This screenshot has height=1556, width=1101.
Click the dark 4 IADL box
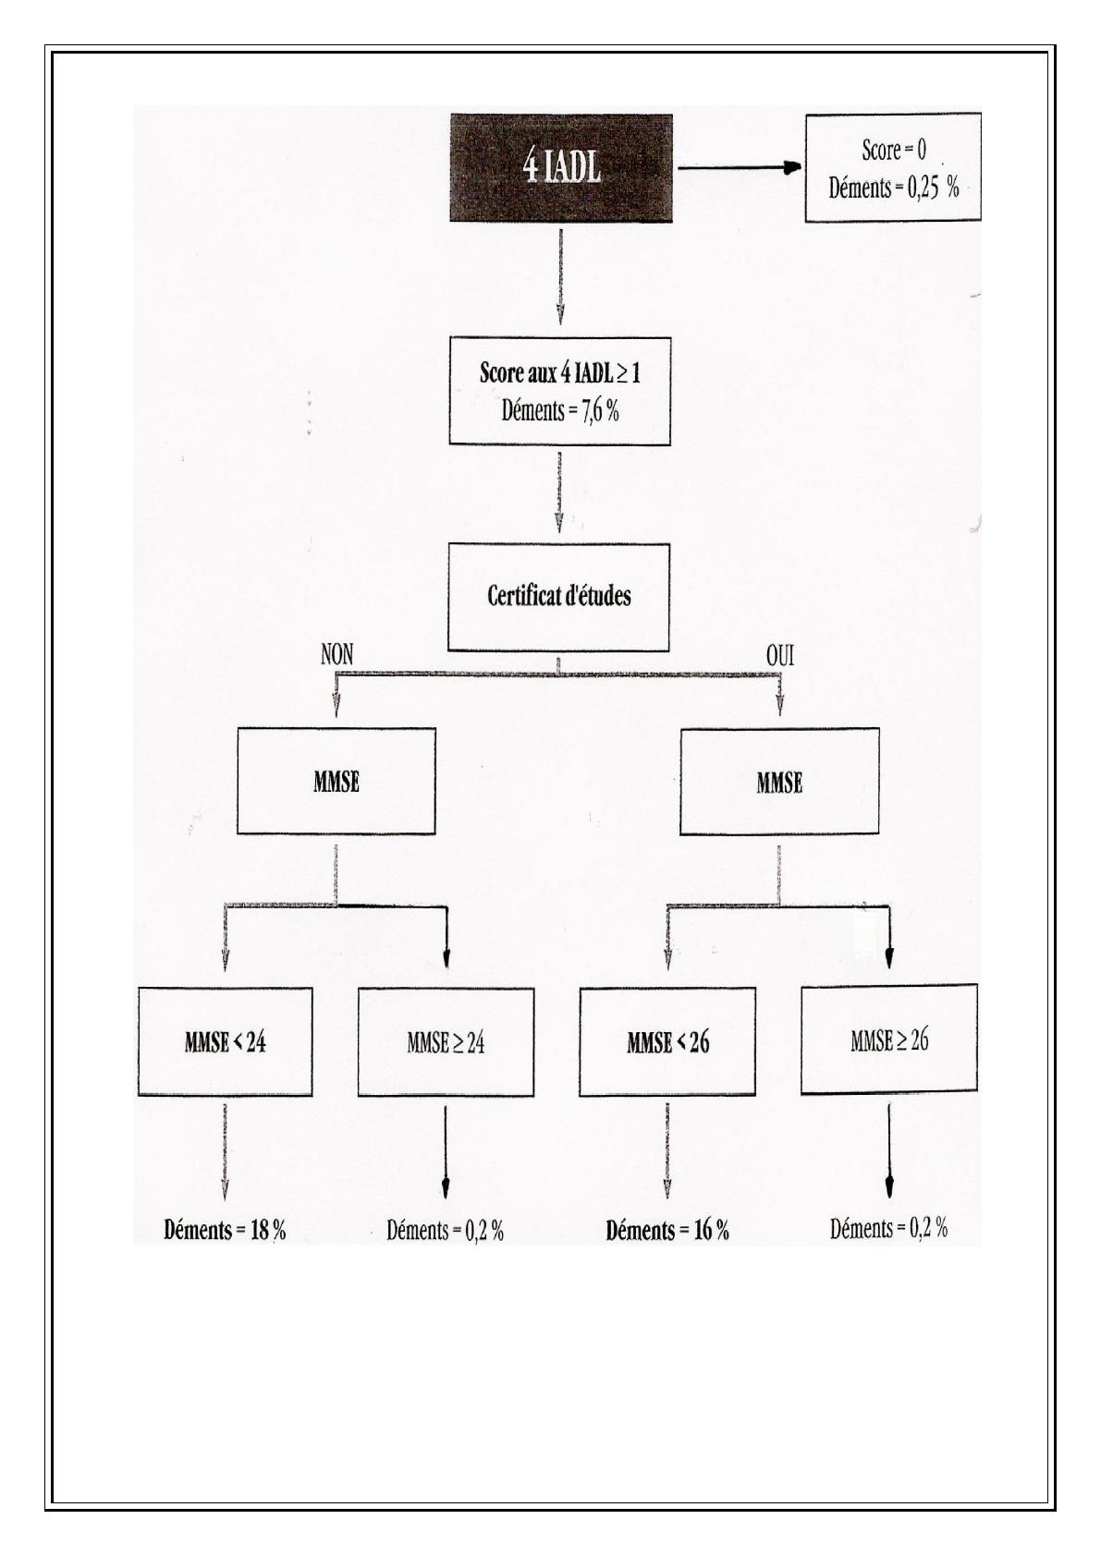pyautogui.click(x=561, y=168)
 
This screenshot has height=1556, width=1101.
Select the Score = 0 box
pyautogui.click(x=893, y=167)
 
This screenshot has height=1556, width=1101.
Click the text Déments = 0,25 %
pyautogui.click(x=893, y=188)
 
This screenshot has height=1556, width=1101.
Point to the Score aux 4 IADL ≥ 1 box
pyautogui.click(x=559, y=391)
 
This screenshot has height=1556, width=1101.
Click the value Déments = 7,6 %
pyautogui.click(x=560, y=411)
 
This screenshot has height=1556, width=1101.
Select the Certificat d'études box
pyautogui.click(x=558, y=598)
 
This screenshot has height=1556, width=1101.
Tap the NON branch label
pyautogui.click(x=337, y=655)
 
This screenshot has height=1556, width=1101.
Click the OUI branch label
pyautogui.click(x=780, y=656)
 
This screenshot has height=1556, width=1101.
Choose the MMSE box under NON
pyautogui.click(x=336, y=782)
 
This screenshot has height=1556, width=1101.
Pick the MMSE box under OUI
pyautogui.click(x=779, y=782)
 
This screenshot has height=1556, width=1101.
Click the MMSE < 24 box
pyautogui.click(x=226, y=1042)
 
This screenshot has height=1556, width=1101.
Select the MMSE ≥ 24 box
pyautogui.click(x=447, y=1042)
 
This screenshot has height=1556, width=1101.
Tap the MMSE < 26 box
pyautogui.click(x=667, y=1042)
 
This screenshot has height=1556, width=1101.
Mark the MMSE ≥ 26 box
pyautogui.click(x=889, y=1039)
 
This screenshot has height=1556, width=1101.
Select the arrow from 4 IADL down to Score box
pyautogui.click(x=560, y=276)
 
